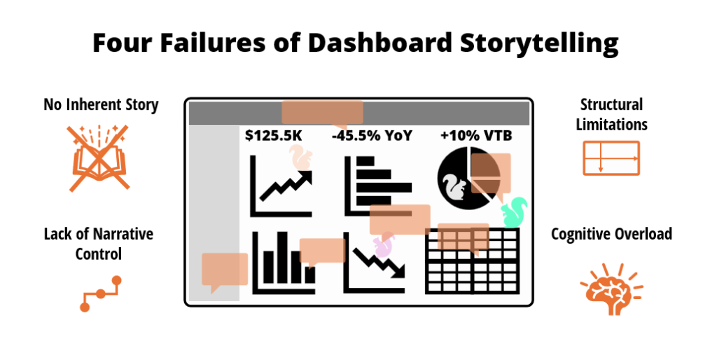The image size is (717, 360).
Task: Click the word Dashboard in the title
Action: click(380, 43)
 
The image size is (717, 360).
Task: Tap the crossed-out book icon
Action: click(99, 158)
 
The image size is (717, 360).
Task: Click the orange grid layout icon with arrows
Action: click(611, 158)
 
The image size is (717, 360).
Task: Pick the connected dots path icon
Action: click(101, 293)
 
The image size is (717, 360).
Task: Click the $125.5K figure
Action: click(274, 135)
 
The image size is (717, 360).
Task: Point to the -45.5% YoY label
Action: click(372, 135)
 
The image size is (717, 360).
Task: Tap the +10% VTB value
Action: click(476, 135)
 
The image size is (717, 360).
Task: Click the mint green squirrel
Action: click(515, 212)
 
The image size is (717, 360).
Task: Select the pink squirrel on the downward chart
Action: click(384, 244)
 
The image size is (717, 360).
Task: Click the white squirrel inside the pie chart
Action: click(454, 186)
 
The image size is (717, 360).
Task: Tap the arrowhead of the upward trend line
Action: click(305, 176)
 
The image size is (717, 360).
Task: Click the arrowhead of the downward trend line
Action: click(398, 271)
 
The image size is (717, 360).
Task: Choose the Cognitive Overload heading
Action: click(611, 234)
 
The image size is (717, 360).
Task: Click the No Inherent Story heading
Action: click(101, 104)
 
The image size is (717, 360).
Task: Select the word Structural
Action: click(611, 104)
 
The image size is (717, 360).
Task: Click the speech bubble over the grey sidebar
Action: click(225, 270)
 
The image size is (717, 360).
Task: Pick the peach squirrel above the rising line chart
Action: click(300, 158)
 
